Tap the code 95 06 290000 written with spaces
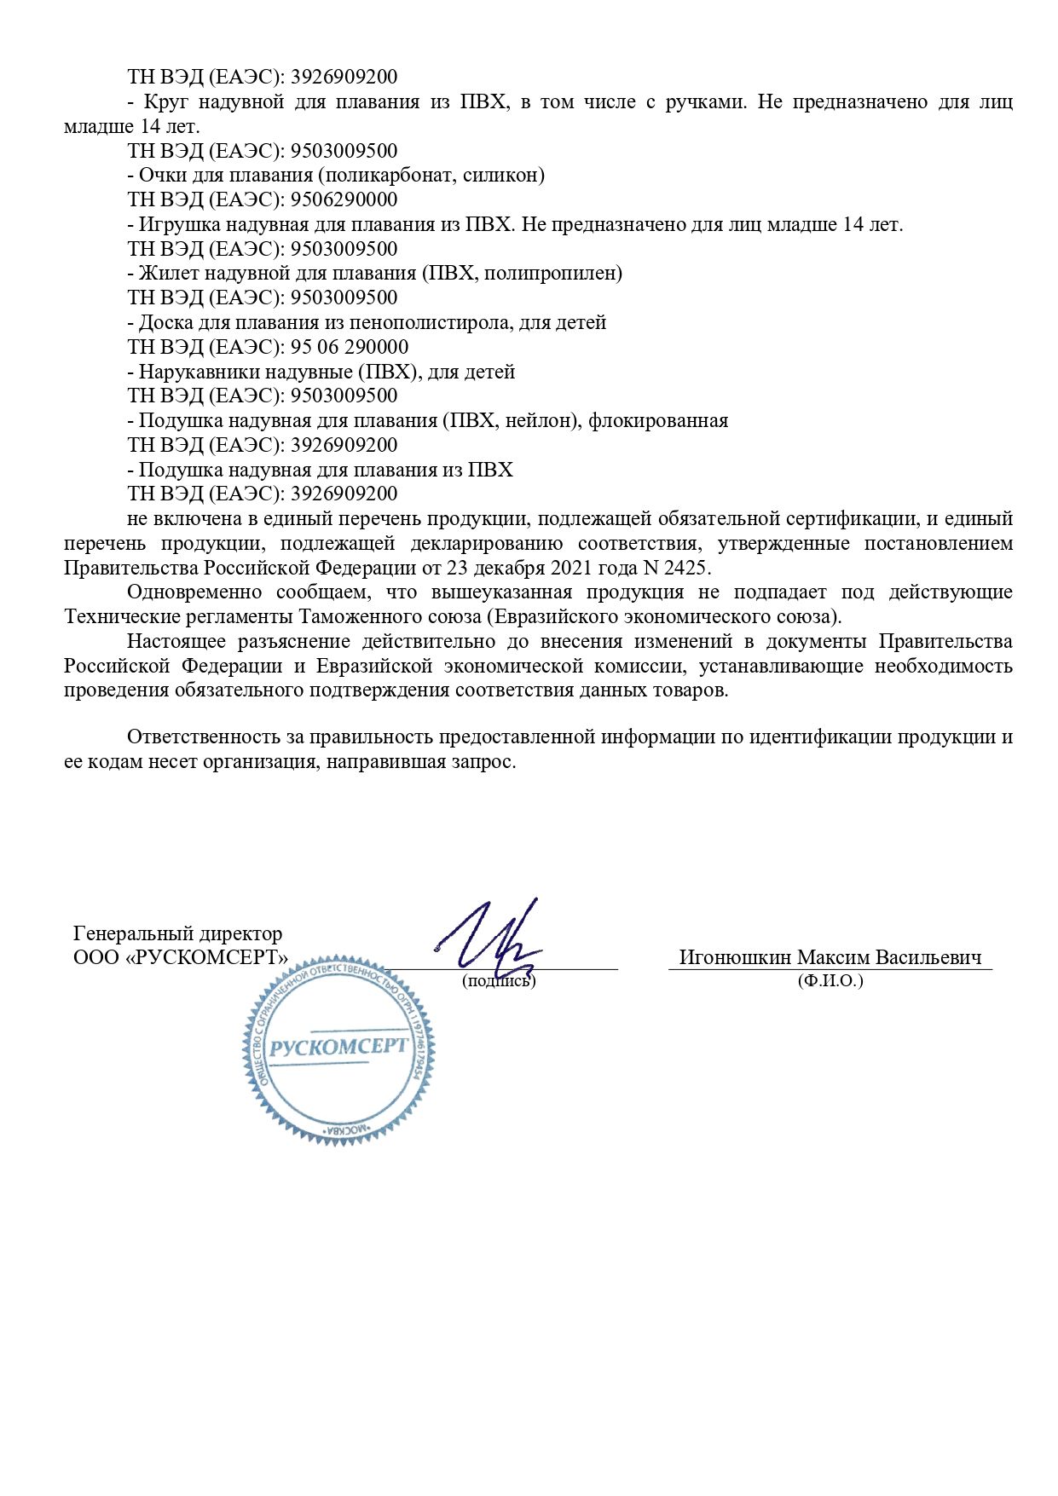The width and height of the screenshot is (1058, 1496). (x=350, y=347)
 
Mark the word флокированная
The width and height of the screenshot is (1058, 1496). (x=658, y=421)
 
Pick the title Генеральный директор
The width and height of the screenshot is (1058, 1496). (x=178, y=934)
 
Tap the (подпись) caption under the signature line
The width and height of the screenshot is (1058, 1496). (x=499, y=981)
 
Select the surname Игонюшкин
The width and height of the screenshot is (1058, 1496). (x=735, y=957)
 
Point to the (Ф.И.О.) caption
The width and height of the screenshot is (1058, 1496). (x=830, y=981)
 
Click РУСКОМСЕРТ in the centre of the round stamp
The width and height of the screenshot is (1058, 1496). (x=338, y=1048)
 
